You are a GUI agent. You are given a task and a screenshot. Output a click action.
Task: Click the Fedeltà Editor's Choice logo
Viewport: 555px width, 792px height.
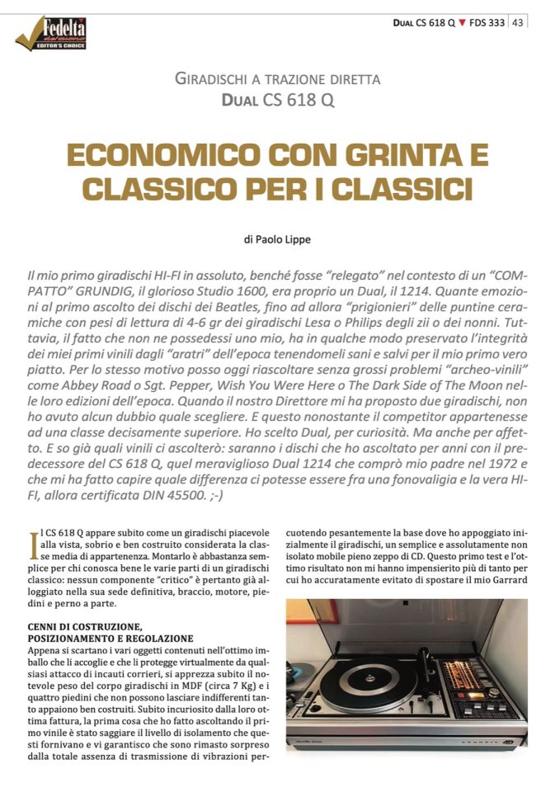click(51, 33)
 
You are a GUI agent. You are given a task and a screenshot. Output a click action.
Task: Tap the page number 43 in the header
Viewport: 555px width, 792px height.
click(518, 22)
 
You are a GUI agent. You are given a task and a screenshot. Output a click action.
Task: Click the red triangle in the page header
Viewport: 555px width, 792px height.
click(462, 22)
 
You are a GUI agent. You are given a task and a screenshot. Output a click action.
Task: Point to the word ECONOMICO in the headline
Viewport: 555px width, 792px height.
click(144, 154)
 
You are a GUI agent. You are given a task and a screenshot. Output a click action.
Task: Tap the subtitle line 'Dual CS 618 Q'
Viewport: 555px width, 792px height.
click(278, 101)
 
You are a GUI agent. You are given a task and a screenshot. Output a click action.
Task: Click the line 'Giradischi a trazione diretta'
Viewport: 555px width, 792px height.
click(278, 80)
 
